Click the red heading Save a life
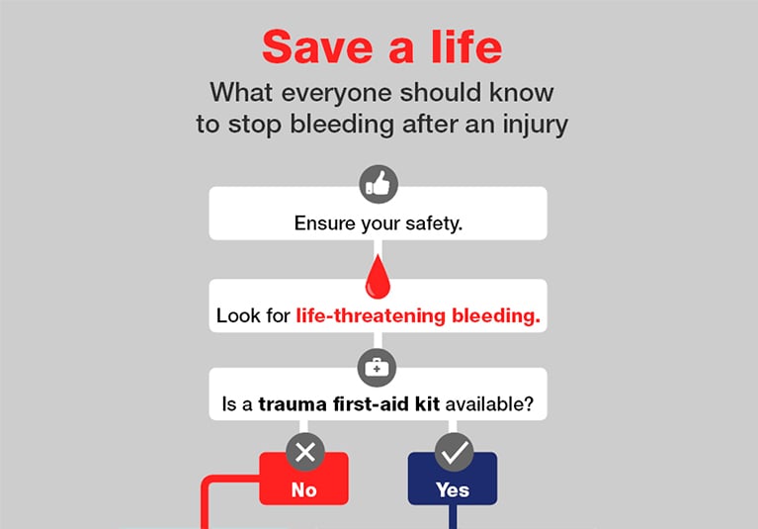coord(381,46)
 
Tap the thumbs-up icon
coord(379,184)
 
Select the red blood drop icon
coord(378,277)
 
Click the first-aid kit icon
coord(378,368)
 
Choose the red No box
coord(303,479)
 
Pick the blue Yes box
coord(453,479)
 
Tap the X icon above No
coord(305,453)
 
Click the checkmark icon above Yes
coord(454,453)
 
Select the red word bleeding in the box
coord(496,316)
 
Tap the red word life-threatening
coord(371,316)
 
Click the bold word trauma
coord(293,404)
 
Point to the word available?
coord(489,403)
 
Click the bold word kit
coord(427,403)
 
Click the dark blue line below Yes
coord(453,517)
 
